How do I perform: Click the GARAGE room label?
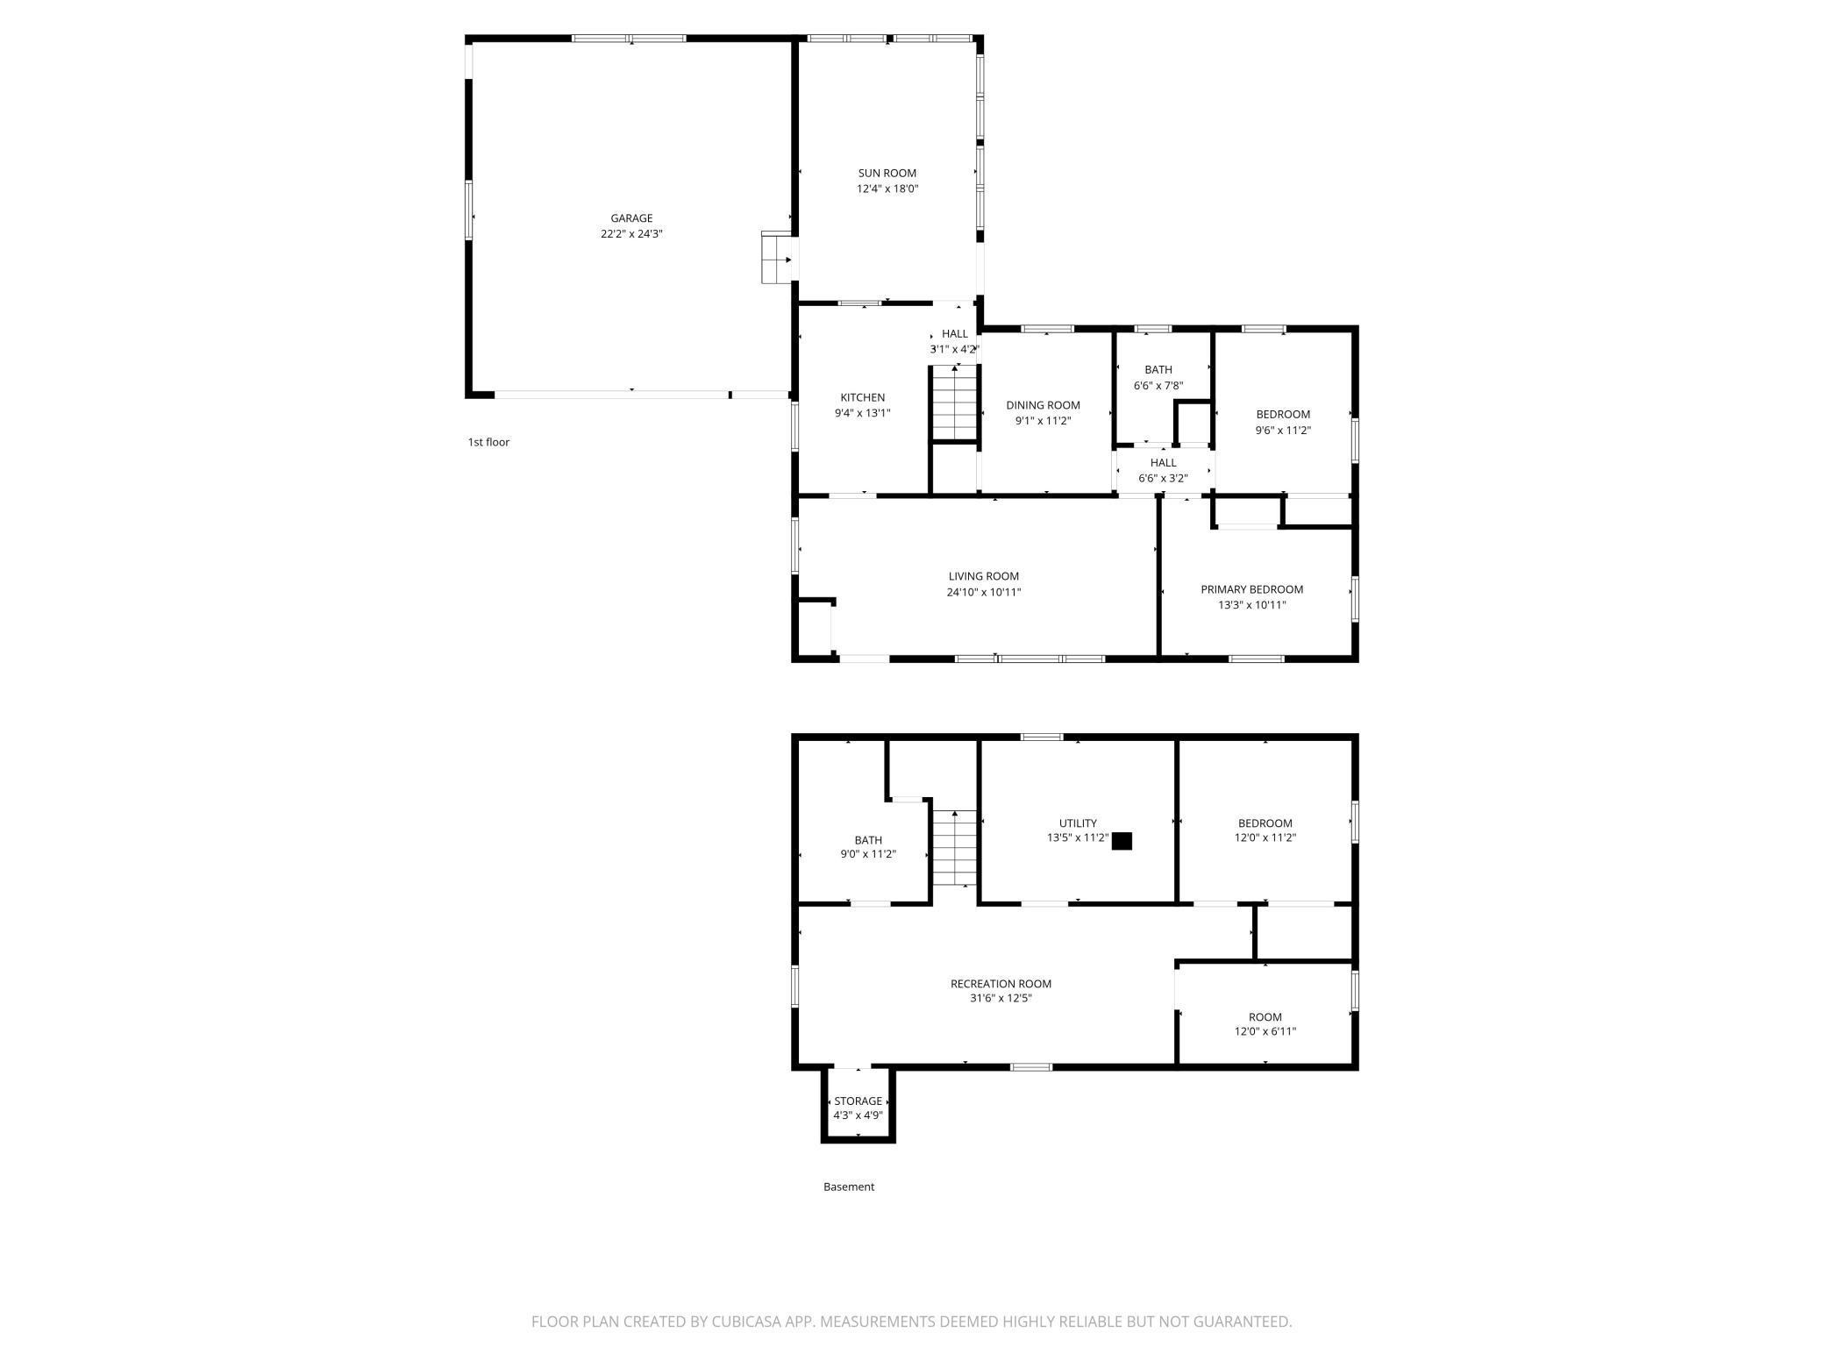(631, 218)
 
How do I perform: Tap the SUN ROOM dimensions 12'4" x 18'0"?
(887, 189)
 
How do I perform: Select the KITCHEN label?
(862, 397)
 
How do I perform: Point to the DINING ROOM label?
(1043, 405)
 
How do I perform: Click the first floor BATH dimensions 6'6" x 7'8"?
(1158, 385)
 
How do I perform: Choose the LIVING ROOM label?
(983, 576)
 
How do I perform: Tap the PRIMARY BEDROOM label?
(1251, 589)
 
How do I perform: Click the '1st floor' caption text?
(488, 442)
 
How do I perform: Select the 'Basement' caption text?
(848, 1186)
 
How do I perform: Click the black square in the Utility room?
(1122, 841)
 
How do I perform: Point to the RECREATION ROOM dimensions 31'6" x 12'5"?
(1001, 998)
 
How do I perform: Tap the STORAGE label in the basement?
(858, 1101)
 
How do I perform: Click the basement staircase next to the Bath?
(954, 849)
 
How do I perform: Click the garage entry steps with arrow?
(778, 259)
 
